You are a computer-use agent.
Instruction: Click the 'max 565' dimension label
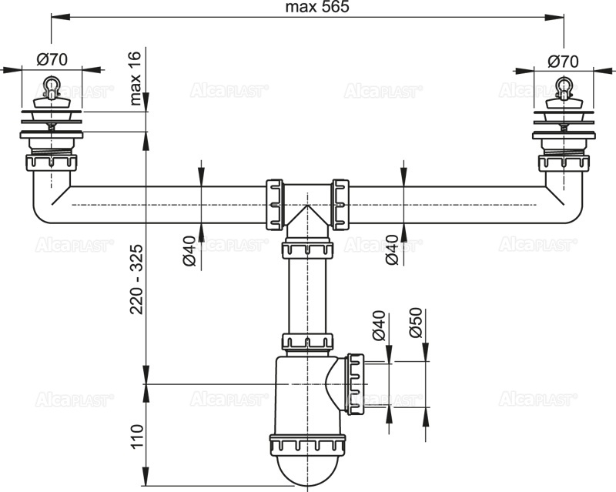307,8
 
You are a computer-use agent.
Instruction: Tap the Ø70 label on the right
564,59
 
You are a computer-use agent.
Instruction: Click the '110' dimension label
136,436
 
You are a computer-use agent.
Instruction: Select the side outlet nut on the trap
355,382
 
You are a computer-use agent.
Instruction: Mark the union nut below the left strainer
52,163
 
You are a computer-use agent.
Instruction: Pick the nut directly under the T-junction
306,249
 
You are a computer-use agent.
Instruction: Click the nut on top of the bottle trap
306,343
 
